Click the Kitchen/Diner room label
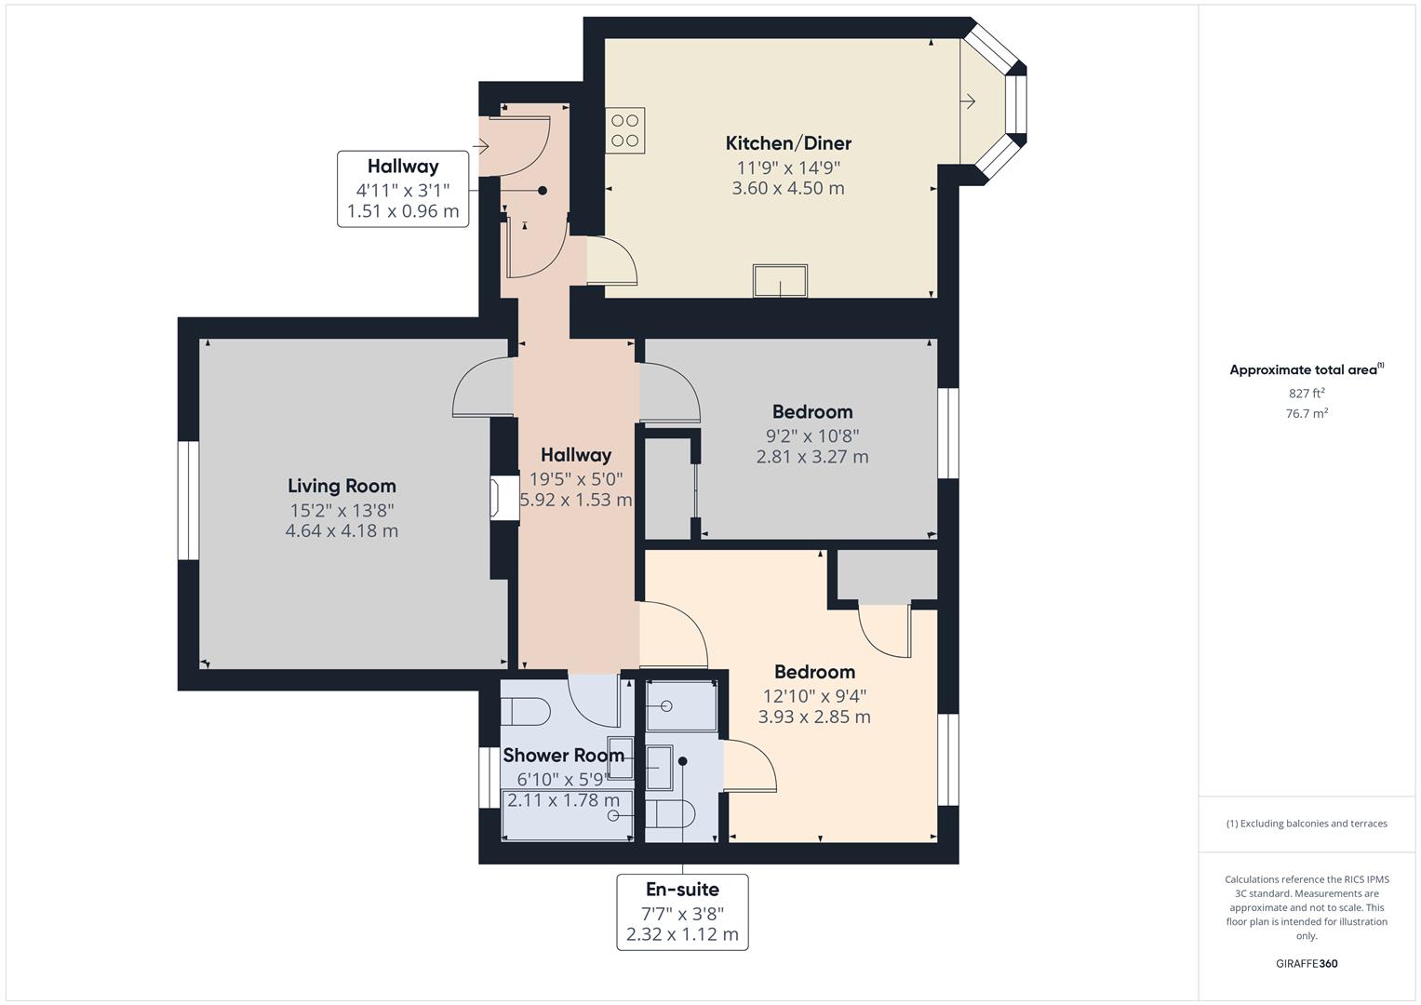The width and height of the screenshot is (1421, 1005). coord(788,143)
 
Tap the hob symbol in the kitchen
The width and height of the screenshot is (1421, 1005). coord(624,130)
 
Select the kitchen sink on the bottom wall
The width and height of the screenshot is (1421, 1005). coord(780,281)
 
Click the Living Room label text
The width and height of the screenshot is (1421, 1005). coord(342,486)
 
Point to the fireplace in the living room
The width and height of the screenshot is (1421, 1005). coord(503,498)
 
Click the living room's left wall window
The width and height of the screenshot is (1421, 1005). coord(188,500)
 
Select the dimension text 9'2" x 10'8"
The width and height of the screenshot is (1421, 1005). coord(811,435)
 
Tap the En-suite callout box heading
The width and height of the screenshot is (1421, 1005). coord(682,890)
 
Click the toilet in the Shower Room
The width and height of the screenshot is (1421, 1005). coord(525,711)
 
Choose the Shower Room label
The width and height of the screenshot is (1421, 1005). coord(563,755)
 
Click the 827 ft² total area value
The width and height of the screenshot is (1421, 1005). coord(1307,394)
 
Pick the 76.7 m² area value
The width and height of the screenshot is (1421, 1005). coord(1307,414)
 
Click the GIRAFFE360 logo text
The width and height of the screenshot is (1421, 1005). coord(1306,963)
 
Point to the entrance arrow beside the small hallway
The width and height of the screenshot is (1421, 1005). coord(480,146)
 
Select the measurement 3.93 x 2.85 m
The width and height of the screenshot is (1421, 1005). coord(814,717)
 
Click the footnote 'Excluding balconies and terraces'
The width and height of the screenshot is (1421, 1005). coord(1307,824)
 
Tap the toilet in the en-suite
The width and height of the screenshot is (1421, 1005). coord(669,814)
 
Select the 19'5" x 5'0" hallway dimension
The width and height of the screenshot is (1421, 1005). coord(576,479)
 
